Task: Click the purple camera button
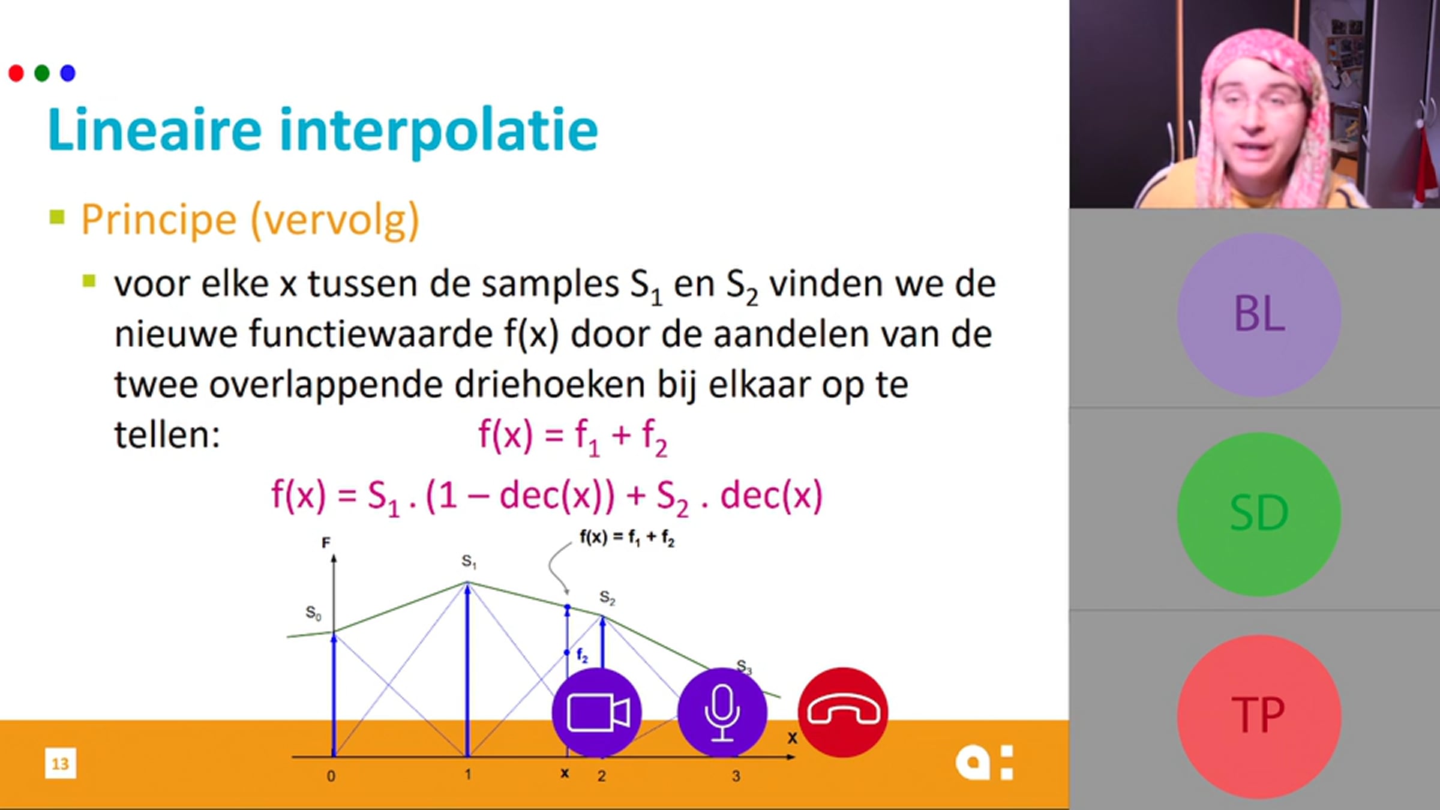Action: click(x=597, y=712)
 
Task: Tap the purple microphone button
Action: click(x=722, y=712)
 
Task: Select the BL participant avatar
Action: click(x=1259, y=314)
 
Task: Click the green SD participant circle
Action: click(x=1259, y=514)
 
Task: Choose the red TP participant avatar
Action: click(x=1259, y=716)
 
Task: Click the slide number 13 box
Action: click(x=61, y=763)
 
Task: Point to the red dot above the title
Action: click(x=16, y=73)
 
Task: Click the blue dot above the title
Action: click(x=68, y=73)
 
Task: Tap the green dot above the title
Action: click(x=42, y=73)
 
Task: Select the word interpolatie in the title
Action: click(x=439, y=132)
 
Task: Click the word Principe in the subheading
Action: click(x=159, y=221)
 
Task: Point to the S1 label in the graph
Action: click(x=469, y=562)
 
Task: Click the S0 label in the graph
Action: click(x=314, y=613)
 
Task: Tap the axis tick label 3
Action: click(x=736, y=776)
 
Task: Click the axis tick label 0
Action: click(x=331, y=776)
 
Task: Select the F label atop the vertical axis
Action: click(x=326, y=543)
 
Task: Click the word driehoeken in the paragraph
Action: click(x=550, y=385)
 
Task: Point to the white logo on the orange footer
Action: click(x=985, y=763)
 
